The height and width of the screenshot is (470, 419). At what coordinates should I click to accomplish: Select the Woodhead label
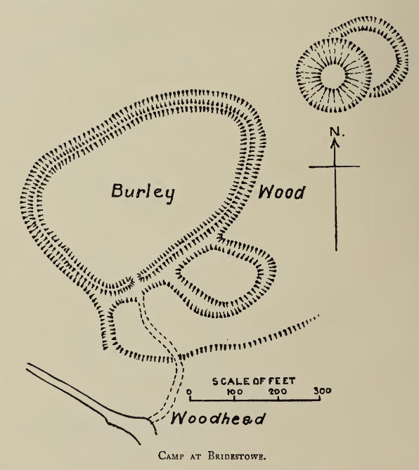click(x=219, y=419)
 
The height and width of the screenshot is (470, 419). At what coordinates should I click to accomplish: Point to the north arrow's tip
click(x=335, y=140)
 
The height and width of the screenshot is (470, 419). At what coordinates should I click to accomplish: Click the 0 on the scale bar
click(x=191, y=391)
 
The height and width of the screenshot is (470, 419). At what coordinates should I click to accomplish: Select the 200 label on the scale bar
click(x=278, y=391)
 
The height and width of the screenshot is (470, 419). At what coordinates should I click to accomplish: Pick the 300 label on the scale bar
click(x=322, y=391)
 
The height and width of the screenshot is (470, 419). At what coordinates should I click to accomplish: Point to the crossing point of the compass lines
click(x=335, y=167)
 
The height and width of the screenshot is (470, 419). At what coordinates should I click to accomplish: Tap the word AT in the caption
click(x=198, y=455)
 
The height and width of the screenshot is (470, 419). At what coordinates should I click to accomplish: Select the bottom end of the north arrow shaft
click(x=335, y=249)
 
